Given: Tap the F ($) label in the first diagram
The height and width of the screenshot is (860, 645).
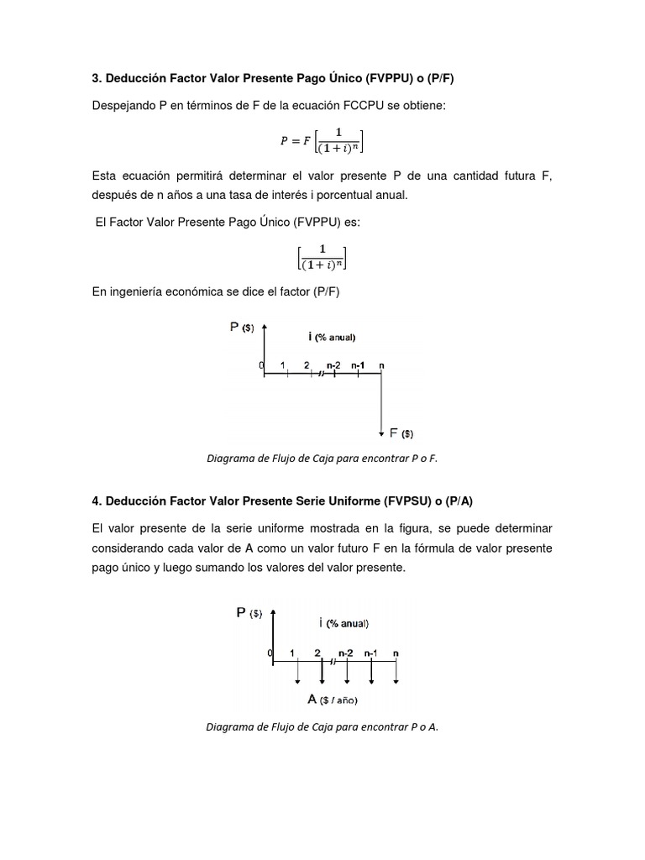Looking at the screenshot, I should [x=401, y=433].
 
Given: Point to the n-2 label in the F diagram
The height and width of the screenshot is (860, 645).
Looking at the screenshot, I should [x=333, y=364].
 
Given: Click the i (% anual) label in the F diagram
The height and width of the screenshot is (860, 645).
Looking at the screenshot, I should [x=332, y=337].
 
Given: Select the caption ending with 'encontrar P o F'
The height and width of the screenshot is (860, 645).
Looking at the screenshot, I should [x=322, y=459].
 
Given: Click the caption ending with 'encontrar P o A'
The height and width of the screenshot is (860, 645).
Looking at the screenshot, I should [x=322, y=727].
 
